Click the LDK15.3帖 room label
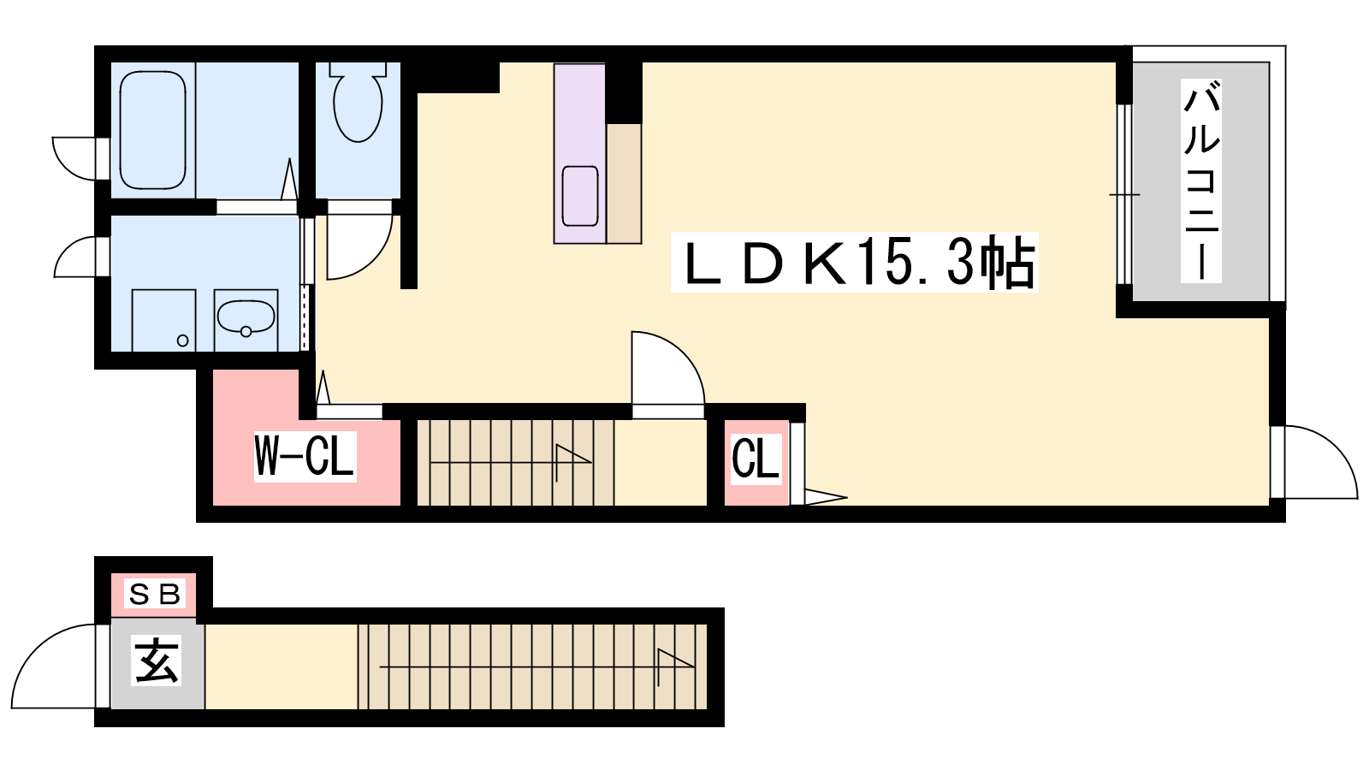(x=854, y=263)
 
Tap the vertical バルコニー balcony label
(x=1200, y=181)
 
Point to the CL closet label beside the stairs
(x=756, y=459)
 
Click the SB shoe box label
(x=154, y=593)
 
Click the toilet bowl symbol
(x=358, y=105)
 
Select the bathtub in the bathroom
(x=152, y=129)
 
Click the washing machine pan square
(x=163, y=320)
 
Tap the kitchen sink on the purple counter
(x=580, y=196)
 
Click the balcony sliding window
(x=1124, y=194)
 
